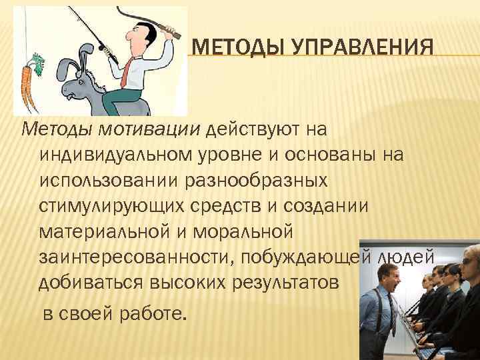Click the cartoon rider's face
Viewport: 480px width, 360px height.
138,37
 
